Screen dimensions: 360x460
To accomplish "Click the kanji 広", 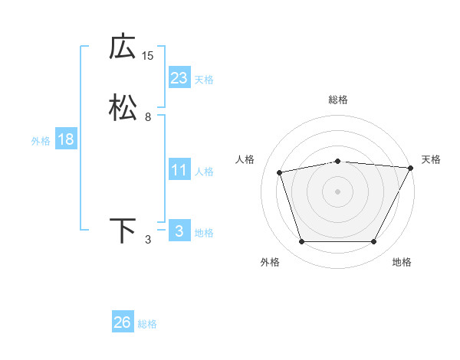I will [123, 47].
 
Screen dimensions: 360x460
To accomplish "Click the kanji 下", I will [123, 231].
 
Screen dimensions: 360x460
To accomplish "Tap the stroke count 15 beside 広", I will [148, 56].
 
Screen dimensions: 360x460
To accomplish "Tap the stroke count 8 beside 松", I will [148, 117].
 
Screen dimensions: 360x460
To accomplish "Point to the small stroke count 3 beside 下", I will [148, 240].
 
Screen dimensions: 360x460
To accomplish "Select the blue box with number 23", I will [179, 78].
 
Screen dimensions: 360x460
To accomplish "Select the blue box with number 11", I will [179, 170].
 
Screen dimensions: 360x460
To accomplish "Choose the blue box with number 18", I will [66, 139].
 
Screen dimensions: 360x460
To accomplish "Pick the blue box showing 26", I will [122, 323].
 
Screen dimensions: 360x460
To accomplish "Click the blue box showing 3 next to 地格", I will [179, 231].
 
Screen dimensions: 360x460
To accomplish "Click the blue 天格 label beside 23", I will [204, 80].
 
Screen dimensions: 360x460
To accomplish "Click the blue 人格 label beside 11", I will [204, 172].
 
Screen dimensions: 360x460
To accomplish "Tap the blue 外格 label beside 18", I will [41, 141].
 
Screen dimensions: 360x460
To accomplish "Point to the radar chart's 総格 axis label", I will [337, 100].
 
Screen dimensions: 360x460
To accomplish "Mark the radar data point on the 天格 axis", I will [412, 168].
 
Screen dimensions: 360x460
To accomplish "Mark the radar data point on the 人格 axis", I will [279, 172].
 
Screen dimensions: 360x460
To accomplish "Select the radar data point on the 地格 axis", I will [373, 242].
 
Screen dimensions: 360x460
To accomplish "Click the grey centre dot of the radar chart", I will [337, 191].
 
